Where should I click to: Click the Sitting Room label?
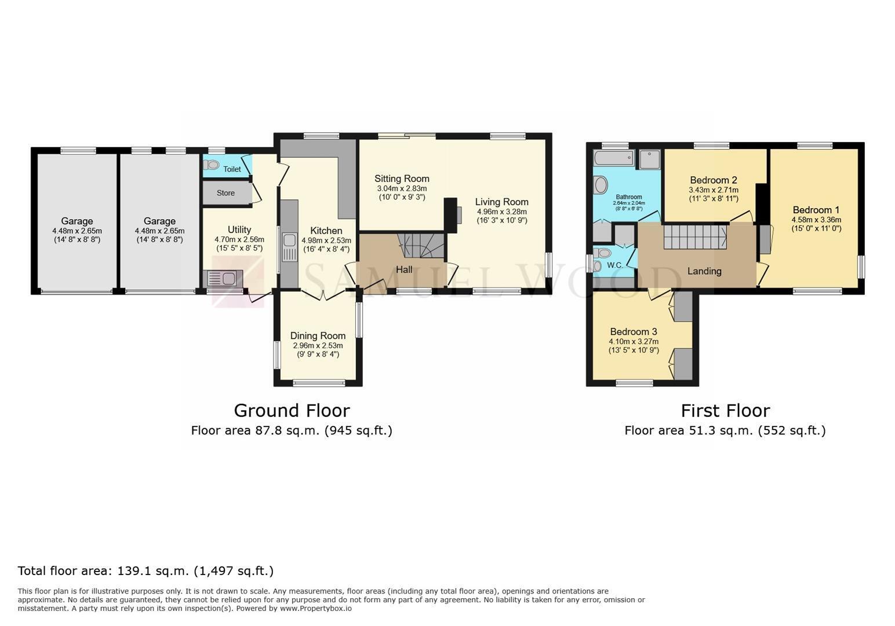click(x=402, y=179)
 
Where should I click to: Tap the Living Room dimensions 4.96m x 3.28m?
click(x=502, y=212)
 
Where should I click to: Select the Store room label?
click(x=225, y=193)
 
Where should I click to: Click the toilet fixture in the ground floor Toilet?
click(x=212, y=165)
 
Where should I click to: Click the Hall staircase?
click(x=421, y=246)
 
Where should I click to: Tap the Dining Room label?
click(x=318, y=336)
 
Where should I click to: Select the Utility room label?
click(x=239, y=230)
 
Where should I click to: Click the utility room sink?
click(x=223, y=278)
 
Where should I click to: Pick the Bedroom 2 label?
click(x=713, y=180)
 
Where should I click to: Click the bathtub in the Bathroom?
click(x=614, y=158)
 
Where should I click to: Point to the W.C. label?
click(x=615, y=265)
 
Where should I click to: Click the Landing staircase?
click(x=695, y=237)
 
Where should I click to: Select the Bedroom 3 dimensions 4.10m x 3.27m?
click(x=634, y=341)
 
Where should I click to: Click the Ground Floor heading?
click(x=292, y=411)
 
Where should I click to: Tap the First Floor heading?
click(x=725, y=411)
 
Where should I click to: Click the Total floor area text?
click(x=146, y=571)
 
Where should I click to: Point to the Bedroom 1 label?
click(x=816, y=210)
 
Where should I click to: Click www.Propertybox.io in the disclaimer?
click(x=316, y=609)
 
